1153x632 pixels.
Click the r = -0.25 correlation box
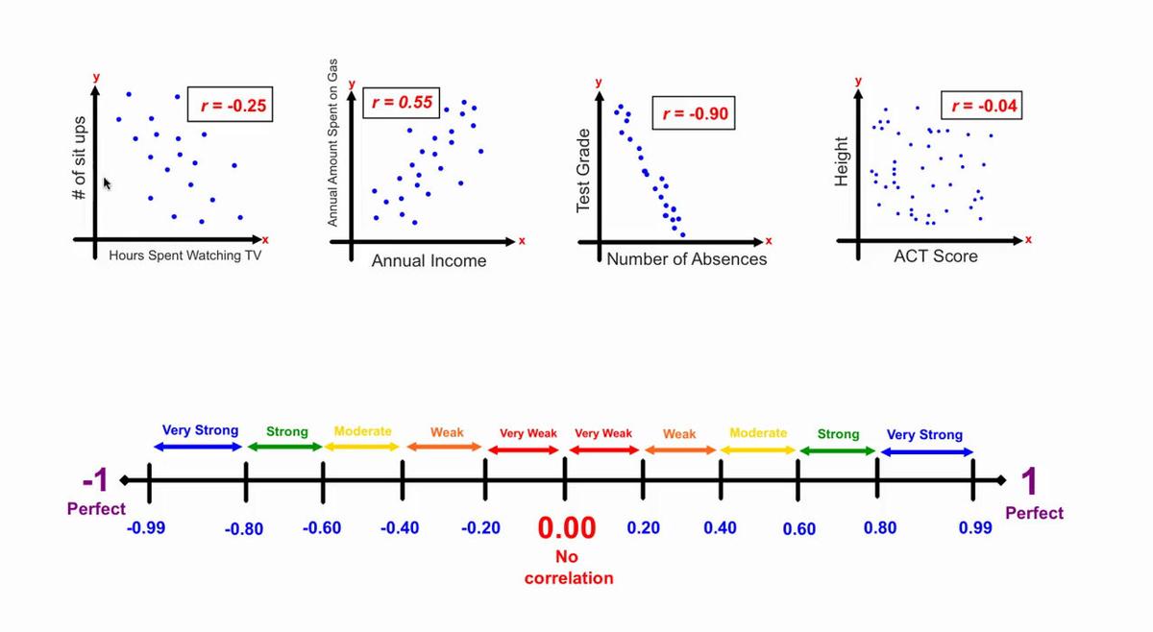click(231, 105)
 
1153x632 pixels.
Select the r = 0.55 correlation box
click(402, 102)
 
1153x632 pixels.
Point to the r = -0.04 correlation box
click(980, 105)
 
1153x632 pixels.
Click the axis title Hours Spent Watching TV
click(184, 256)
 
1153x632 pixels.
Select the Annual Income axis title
click(429, 260)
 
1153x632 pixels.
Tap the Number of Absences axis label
click(687, 258)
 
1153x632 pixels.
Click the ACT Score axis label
click(935, 256)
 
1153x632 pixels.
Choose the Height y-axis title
click(842, 162)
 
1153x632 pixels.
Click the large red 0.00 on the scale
click(567, 528)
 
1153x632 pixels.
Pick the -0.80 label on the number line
click(243, 529)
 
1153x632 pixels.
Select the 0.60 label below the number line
click(798, 529)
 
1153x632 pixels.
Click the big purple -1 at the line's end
click(96, 480)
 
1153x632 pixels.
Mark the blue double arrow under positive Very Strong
click(926, 451)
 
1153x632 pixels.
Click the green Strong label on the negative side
click(286, 432)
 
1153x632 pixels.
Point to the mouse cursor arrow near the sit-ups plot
click(108, 182)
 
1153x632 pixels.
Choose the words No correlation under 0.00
click(568, 567)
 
